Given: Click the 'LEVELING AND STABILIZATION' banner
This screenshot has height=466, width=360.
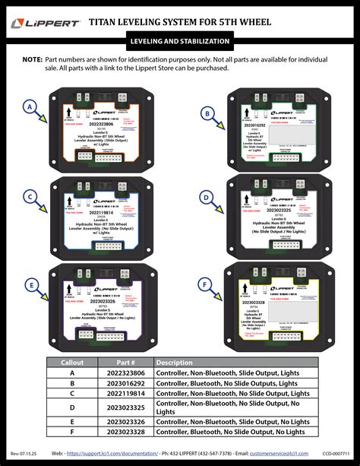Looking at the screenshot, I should [x=180, y=40].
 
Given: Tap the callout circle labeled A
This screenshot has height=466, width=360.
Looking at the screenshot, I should [x=30, y=107].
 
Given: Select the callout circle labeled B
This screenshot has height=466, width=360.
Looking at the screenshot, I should [x=206, y=114].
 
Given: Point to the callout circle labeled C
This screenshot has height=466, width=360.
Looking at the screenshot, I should [x=30, y=197].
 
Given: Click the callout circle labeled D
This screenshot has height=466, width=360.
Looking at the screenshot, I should [x=205, y=197].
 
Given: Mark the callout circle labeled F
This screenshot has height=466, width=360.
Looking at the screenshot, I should [x=205, y=285].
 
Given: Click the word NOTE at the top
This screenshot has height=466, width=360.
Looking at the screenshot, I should [x=32, y=59].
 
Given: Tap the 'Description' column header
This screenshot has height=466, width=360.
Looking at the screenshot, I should [x=175, y=363].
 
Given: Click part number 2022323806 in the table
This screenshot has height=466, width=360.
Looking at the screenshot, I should [x=125, y=373].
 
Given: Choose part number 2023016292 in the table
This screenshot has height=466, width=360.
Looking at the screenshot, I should [x=125, y=384].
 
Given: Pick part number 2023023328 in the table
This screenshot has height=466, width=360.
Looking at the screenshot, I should [x=125, y=431].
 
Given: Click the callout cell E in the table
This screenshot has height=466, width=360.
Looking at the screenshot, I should [x=72, y=420].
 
